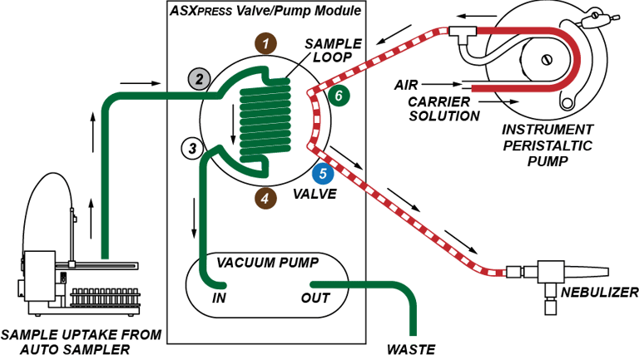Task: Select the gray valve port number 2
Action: [197, 79]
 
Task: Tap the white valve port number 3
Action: [192, 150]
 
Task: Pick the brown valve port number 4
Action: [264, 199]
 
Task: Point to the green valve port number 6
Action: [338, 96]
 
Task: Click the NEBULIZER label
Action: [599, 293]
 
